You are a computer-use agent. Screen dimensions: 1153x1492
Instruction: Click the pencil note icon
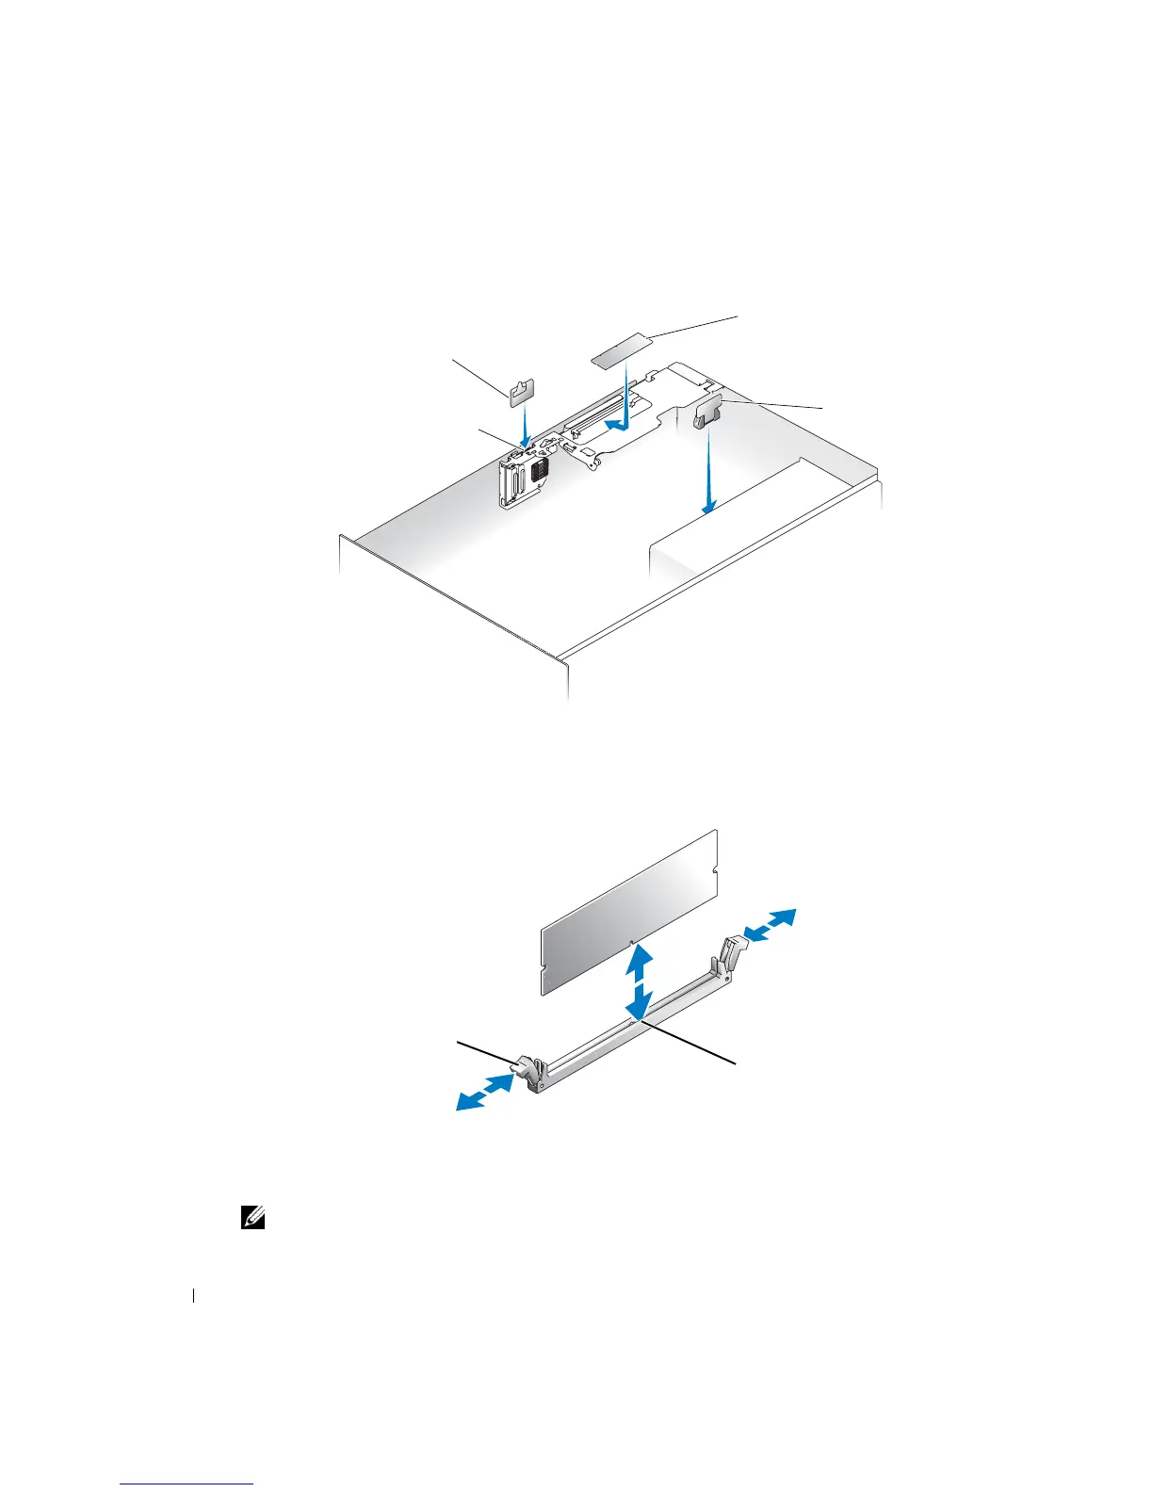tap(254, 1218)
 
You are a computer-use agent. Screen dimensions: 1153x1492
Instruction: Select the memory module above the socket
tap(629, 911)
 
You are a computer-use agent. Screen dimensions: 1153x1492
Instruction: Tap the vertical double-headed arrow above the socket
tap(639, 982)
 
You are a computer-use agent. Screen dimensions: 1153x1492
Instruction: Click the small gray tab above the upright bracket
tap(522, 390)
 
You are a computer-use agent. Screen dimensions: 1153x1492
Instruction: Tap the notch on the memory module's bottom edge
tap(629, 941)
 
